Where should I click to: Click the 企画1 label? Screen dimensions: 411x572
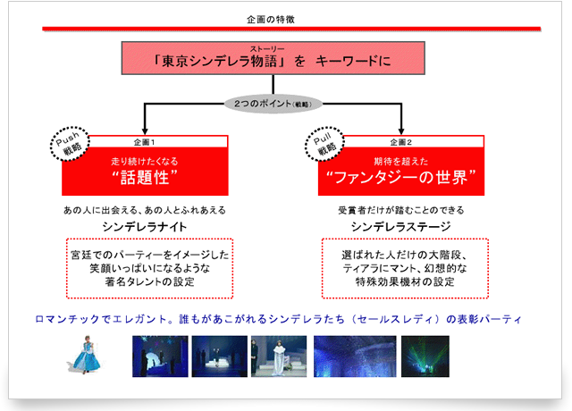pyautogui.click(x=145, y=141)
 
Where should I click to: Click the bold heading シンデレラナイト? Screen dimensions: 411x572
pyautogui.click(x=144, y=227)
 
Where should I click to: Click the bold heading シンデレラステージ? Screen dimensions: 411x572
pyautogui.click(x=400, y=227)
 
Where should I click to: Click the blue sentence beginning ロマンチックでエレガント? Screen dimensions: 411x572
pyautogui.click(x=277, y=318)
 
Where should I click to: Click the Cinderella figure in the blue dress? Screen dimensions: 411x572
pyautogui.click(x=88, y=356)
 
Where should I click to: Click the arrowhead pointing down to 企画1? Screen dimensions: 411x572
pyautogui.click(x=145, y=129)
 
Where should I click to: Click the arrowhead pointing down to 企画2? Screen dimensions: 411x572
pyautogui.click(x=401, y=129)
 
